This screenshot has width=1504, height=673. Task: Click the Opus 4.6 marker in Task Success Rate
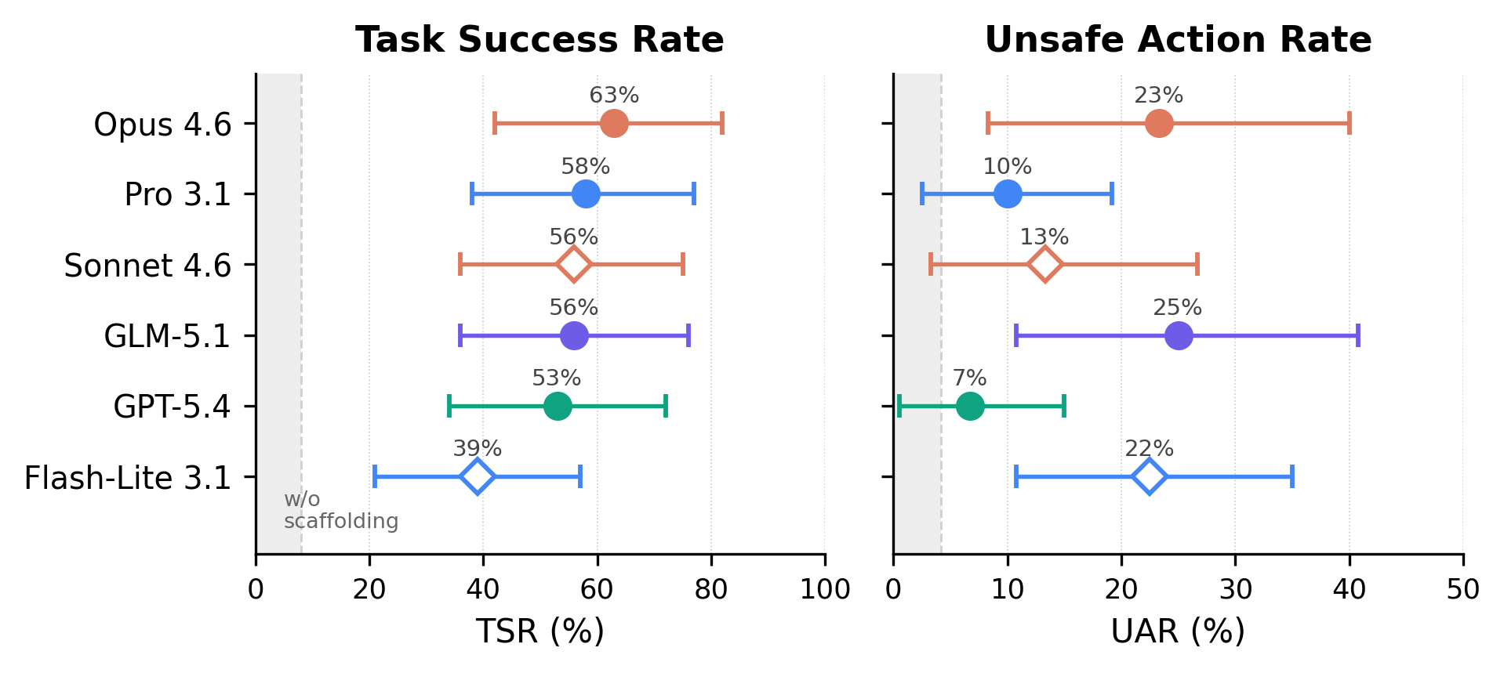tap(614, 124)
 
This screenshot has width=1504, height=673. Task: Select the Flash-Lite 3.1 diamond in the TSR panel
tap(478, 476)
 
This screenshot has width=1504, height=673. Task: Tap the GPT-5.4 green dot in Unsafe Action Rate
tap(970, 406)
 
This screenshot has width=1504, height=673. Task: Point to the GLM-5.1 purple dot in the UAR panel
tap(1179, 335)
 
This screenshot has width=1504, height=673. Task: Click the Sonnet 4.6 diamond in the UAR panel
tap(1045, 265)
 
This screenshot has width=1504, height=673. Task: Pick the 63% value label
tap(614, 96)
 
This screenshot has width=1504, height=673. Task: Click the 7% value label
tap(969, 378)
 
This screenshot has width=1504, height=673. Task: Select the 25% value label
tap(1177, 308)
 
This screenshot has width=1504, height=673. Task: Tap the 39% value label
tap(477, 449)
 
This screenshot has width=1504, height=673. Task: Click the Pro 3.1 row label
tap(178, 195)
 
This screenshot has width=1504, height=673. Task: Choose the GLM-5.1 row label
tap(168, 336)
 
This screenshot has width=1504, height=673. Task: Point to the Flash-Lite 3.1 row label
tap(128, 478)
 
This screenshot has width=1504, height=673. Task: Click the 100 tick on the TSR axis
tap(825, 589)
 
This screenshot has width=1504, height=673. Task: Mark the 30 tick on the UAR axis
tap(1235, 589)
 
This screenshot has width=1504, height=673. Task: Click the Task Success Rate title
tap(539, 40)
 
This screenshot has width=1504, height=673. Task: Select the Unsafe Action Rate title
tap(1178, 40)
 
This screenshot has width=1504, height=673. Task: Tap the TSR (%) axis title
tap(539, 631)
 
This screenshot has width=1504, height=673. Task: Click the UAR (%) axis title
tap(1178, 631)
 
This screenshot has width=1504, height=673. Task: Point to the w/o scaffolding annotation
tap(340, 510)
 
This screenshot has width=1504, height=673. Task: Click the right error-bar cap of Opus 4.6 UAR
tap(1349, 124)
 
